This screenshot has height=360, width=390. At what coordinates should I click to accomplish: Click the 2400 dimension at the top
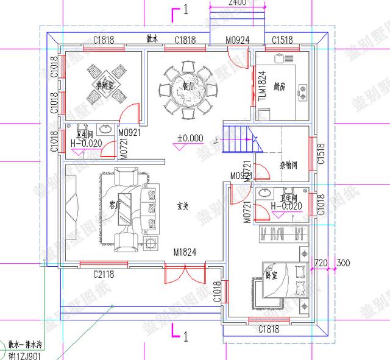[237, 3]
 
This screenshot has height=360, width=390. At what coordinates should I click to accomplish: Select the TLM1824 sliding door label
[262, 86]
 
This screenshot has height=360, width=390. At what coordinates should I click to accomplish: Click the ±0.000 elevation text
[190, 138]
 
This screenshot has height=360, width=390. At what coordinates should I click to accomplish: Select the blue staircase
[242, 139]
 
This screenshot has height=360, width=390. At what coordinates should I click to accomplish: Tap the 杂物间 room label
[288, 165]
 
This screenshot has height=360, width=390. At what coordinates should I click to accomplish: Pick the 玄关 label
[181, 207]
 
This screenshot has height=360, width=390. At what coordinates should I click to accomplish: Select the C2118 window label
[105, 275]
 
